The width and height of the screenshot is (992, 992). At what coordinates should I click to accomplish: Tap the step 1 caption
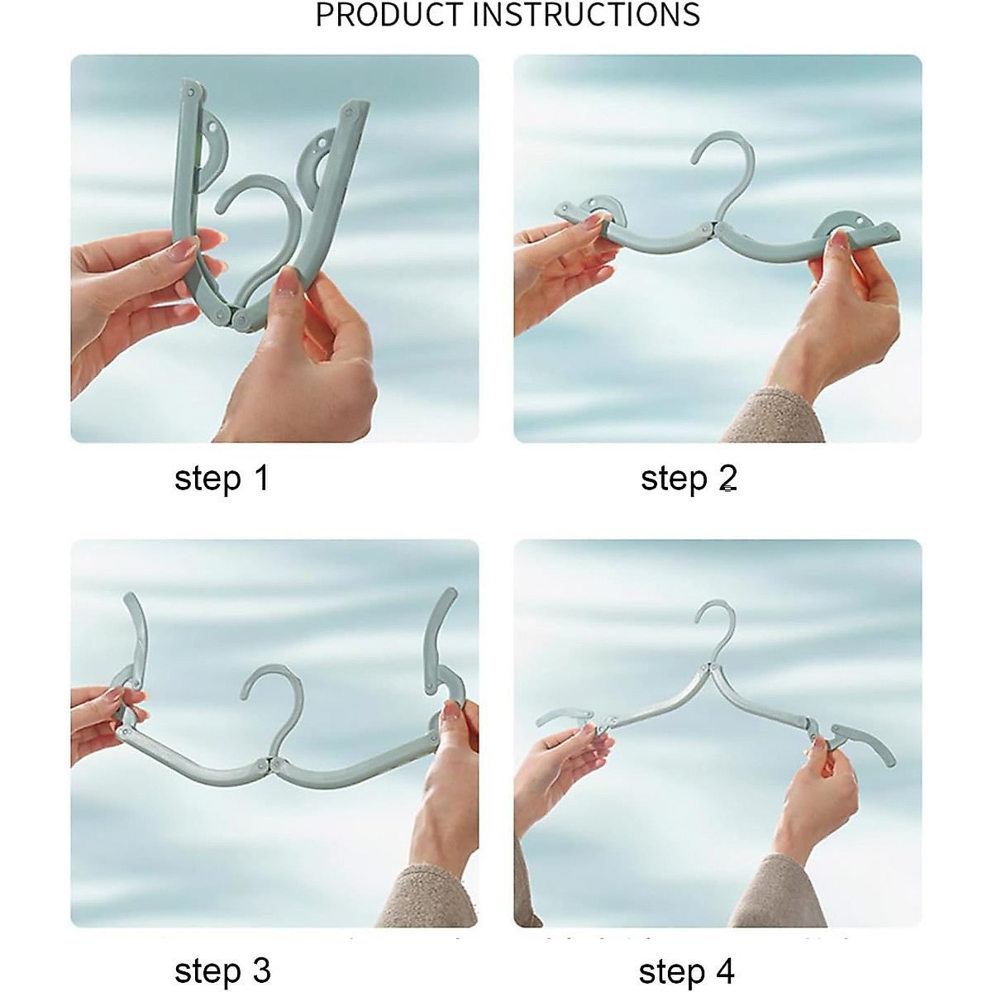pos(222,479)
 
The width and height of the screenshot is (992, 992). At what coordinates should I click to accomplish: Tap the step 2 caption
pos(689,479)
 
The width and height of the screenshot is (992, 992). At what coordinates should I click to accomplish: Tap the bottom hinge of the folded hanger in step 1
pos(233,316)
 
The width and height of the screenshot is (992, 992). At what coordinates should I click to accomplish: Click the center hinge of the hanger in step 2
pos(716,227)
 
